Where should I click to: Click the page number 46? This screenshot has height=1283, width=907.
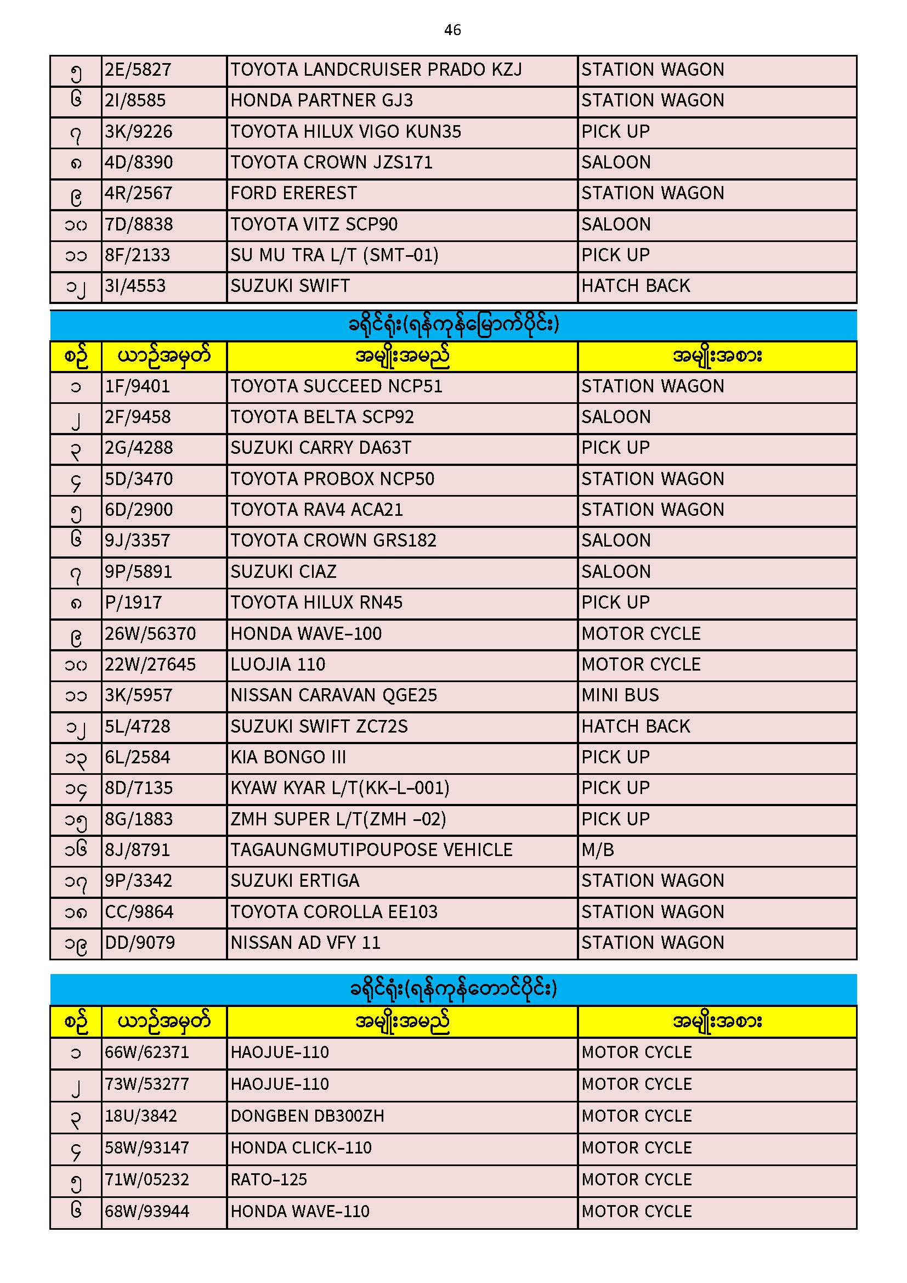point(452,30)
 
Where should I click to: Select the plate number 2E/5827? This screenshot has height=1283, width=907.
point(138,70)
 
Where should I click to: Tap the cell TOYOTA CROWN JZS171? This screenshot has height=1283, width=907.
point(331,162)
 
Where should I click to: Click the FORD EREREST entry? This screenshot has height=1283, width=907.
point(293,193)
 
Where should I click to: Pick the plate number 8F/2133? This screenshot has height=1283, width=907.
point(138,255)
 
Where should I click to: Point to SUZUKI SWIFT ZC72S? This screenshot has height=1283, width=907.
point(319,727)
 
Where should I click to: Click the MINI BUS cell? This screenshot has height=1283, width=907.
point(620,695)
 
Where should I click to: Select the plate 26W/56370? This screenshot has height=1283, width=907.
point(150,634)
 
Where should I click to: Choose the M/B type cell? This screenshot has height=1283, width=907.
point(598,850)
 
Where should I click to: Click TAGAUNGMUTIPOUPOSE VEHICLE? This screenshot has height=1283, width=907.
point(371,850)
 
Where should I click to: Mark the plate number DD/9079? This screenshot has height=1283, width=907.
point(140,943)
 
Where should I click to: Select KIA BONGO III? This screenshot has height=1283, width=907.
point(288,757)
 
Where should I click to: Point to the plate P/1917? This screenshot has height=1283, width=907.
point(133,603)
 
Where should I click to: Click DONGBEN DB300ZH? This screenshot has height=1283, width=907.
point(307,1116)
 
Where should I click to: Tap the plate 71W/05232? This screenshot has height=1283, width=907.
point(147,1180)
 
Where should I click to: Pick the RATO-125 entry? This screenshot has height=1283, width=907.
point(269,1180)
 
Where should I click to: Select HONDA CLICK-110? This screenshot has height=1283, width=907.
point(301,1148)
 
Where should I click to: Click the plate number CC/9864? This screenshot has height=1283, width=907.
point(139,912)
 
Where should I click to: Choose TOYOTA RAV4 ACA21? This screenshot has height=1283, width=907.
point(316,510)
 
